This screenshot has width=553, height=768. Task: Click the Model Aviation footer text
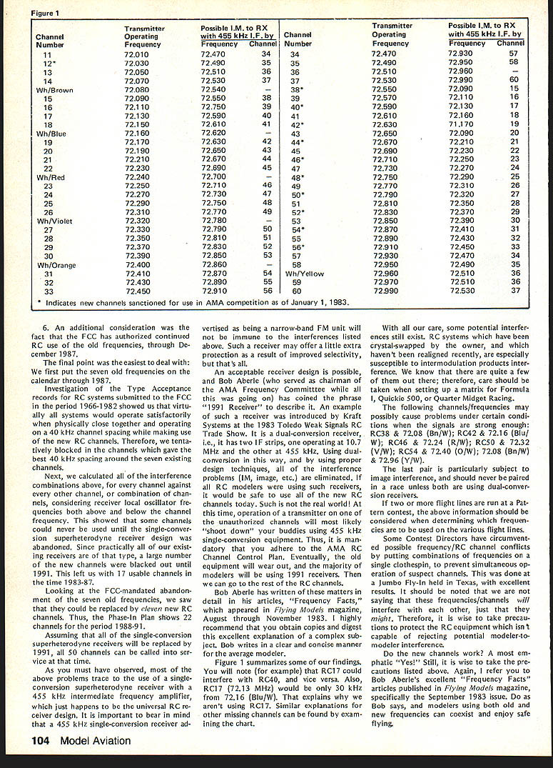tap(96, 741)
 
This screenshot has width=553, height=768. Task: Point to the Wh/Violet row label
tap(54, 221)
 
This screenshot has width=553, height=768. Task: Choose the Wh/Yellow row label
tap(305, 274)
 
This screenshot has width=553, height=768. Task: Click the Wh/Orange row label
tap(56, 265)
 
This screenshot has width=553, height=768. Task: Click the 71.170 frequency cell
tap(461, 124)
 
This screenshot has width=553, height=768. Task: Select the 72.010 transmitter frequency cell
tap(137, 54)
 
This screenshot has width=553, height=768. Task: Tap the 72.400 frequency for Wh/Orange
tap(137, 265)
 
